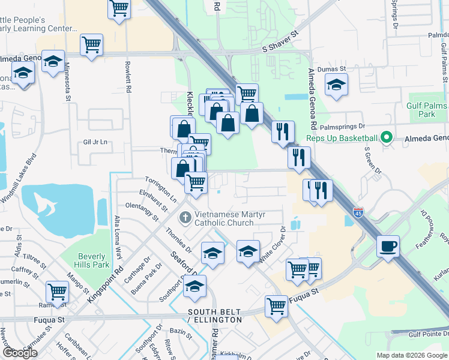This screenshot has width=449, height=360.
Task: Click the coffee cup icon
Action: click(388, 245)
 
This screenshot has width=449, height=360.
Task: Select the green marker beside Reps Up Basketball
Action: click(387, 139)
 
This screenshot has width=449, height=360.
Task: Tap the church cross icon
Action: click(186, 217)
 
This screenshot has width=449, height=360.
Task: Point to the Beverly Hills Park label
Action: click(93, 260)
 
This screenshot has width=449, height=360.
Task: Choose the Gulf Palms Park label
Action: click(427, 110)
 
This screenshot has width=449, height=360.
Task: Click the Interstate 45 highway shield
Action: click(358, 212)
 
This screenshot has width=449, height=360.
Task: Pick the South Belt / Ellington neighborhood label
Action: click(215, 316)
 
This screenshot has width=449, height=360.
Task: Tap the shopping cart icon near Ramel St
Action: click(58, 291)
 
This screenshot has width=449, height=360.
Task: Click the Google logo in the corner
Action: click(20, 353)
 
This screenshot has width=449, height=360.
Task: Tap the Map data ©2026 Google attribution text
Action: click(412, 355)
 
